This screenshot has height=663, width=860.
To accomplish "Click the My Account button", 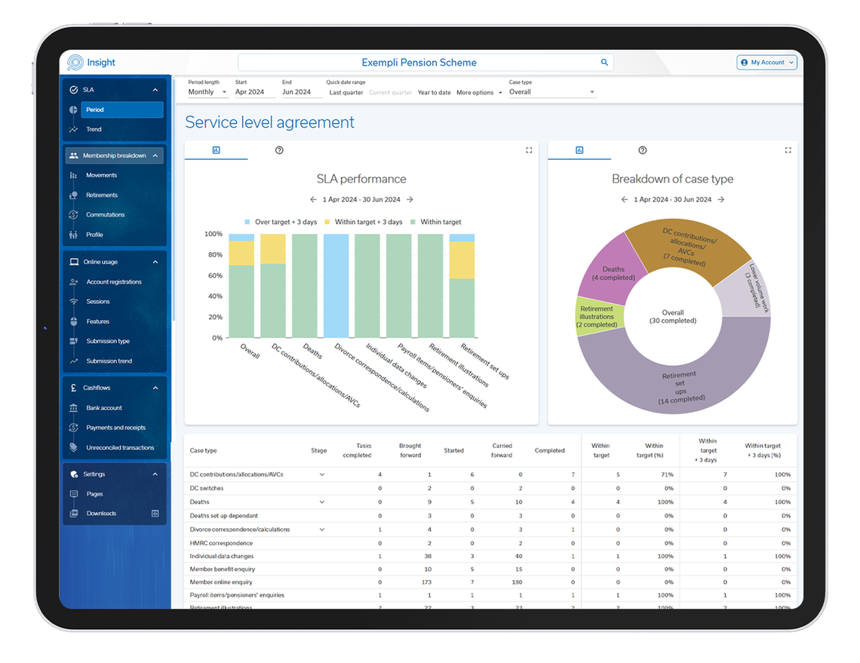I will click(766, 63).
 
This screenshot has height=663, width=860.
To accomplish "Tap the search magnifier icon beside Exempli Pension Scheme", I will click(604, 63).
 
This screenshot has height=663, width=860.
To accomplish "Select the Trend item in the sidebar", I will click(94, 130).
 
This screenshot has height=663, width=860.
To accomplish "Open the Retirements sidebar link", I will click(102, 195).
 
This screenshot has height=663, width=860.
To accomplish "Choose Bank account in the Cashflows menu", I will click(104, 408).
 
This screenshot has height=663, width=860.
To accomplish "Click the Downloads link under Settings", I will click(101, 514).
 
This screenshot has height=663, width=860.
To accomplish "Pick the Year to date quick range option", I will click(435, 93).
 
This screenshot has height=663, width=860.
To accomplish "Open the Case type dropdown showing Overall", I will click(551, 92).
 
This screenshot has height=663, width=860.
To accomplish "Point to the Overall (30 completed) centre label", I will click(673, 317).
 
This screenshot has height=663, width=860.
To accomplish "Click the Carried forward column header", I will click(502, 450).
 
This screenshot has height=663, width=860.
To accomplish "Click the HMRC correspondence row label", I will click(221, 543).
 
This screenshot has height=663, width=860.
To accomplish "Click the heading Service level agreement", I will click(269, 122).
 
